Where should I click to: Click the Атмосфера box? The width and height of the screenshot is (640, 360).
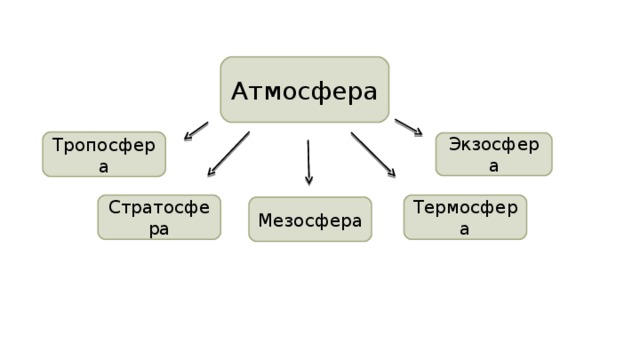pyautogui.click(x=305, y=90)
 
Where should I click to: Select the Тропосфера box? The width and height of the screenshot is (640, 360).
pyautogui.click(x=104, y=154)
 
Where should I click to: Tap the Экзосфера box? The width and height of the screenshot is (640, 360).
pyautogui.click(x=494, y=154)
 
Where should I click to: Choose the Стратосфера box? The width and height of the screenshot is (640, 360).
pyautogui.click(x=159, y=217)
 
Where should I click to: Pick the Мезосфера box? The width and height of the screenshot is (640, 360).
pyautogui.click(x=310, y=219)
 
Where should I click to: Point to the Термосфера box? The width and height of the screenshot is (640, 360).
pyautogui.click(x=465, y=217)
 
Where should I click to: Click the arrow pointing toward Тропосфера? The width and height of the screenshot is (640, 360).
pyautogui.click(x=196, y=131)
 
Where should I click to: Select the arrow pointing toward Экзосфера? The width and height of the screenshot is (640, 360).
pyautogui.click(x=408, y=127)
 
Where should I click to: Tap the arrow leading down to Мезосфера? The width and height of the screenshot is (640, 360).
pyautogui.click(x=308, y=162)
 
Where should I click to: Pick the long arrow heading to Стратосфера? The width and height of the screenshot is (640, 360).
pyautogui.click(x=229, y=154)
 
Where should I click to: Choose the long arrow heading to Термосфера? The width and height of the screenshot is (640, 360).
pyautogui.click(x=372, y=154)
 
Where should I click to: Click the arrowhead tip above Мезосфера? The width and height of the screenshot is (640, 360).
pyautogui.click(x=309, y=184)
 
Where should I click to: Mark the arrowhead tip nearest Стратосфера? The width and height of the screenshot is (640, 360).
pyautogui.click(x=208, y=177)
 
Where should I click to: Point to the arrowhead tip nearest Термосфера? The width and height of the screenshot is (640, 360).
pyautogui.click(x=394, y=177)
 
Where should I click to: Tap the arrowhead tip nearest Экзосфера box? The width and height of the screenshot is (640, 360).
pyautogui.click(x=421, y=134)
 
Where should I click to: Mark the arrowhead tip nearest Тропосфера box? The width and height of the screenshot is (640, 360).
pyautogui.click(x=185, y=139)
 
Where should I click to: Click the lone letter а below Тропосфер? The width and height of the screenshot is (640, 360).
pyautogui.click(x=104, y=167)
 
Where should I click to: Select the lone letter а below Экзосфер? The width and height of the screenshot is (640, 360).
pyautogui.click(x=494, y=166)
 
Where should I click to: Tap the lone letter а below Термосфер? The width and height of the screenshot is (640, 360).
pyautogui.click(x=465, y=230)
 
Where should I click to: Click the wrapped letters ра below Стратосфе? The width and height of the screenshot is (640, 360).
pyautogui.click(x=159, y=230)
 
